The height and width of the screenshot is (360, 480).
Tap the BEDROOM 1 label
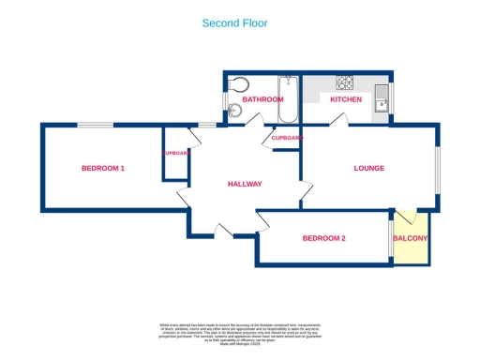tap(103, 168)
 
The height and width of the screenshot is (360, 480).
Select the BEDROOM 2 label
tap(323, 238)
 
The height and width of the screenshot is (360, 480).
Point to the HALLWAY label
tap(245, 184)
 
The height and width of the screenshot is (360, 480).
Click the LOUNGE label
tap(368, 169)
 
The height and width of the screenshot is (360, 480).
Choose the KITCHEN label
tap(345, 99)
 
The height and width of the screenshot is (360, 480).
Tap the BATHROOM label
tap(262, 99)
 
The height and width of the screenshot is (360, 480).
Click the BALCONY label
tap(410, 238)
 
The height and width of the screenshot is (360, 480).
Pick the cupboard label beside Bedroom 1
tap(175, 153)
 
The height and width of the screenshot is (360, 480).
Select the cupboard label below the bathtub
tap(287, 138)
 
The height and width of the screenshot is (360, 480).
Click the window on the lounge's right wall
tap(436, 170)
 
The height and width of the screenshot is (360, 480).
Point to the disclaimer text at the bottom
tap(240, 334)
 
